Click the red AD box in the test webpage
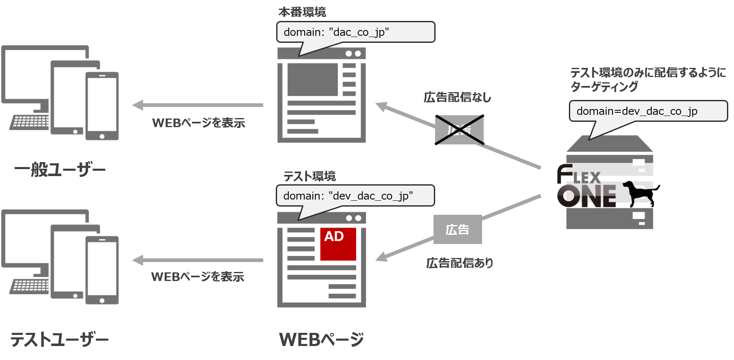(338, 244)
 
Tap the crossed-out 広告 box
(459, 130)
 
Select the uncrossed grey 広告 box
(457, 230)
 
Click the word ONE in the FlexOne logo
(587, 196)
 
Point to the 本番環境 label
(302, 12)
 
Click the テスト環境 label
(309, 176)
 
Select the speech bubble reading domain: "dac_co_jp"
(356, 32)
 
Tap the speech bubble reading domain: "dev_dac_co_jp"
(356, 196)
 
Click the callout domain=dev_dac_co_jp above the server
(648, 111)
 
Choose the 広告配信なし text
(457, 98)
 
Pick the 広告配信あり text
(459, 263)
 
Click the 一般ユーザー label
(60, 170)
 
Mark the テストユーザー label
(59, 340)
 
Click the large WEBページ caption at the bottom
(322, 340)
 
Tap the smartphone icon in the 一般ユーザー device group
(102, 106)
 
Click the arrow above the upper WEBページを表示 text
(198, 105)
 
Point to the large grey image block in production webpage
(313, 79)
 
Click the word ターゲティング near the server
(604, 87)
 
